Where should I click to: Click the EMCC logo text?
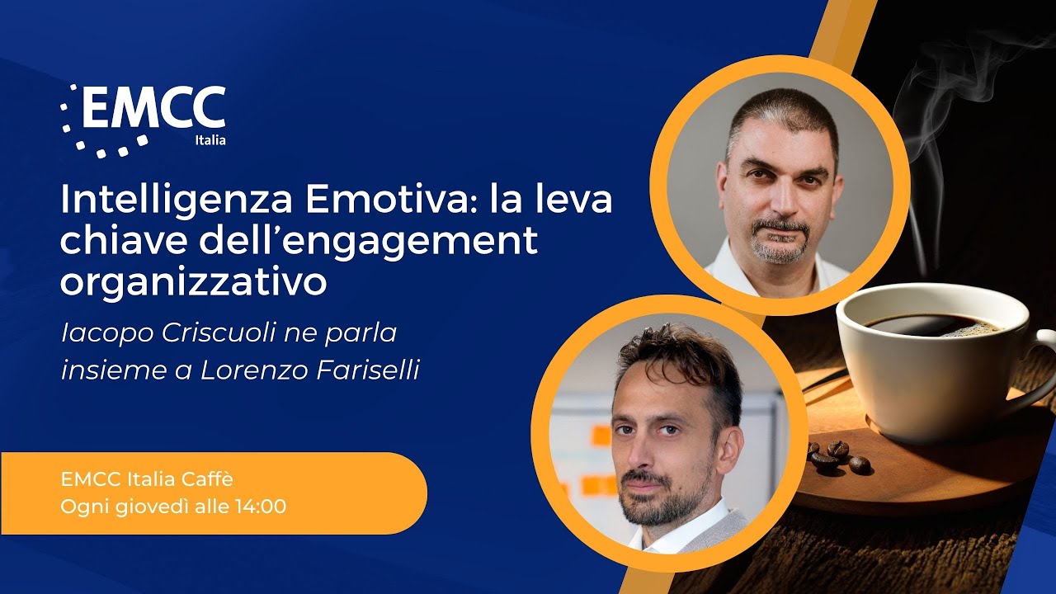153,109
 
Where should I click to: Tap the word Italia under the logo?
210,140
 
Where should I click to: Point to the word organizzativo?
193,281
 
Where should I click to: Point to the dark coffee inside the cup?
932,324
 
